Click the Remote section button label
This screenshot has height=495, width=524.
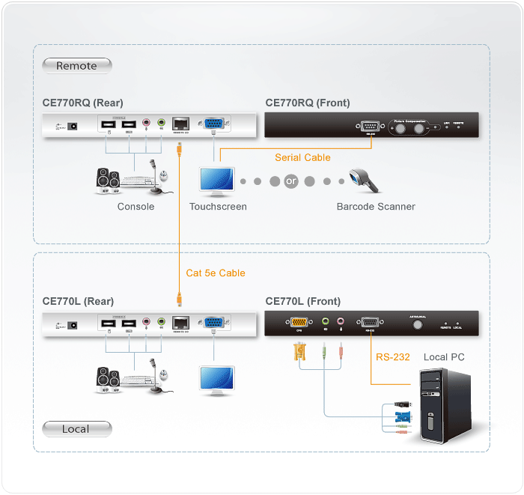coord(76,66)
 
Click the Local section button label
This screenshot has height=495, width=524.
coord(76,429)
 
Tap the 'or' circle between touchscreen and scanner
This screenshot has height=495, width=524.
coord(291,181)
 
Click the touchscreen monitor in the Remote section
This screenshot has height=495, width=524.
coord(216,180)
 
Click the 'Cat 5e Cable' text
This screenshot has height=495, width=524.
coord(216,273)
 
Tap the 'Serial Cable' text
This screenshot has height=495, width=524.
coord(302,157)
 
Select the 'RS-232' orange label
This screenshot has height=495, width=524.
coord(393,357)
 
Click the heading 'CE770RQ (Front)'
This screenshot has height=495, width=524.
coord(308,103)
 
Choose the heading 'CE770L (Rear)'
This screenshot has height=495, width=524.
coord(78,302)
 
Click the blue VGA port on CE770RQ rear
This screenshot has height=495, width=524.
coord(213,125)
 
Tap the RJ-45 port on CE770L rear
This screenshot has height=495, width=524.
coord(180,324)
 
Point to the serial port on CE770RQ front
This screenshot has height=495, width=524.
coord(370,126)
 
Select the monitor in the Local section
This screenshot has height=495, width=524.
coord(216,379)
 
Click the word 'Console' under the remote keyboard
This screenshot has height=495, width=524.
coord(135,207)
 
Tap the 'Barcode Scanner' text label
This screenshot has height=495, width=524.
coord(376,207)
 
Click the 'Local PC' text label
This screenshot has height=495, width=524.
coord(444,357)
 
